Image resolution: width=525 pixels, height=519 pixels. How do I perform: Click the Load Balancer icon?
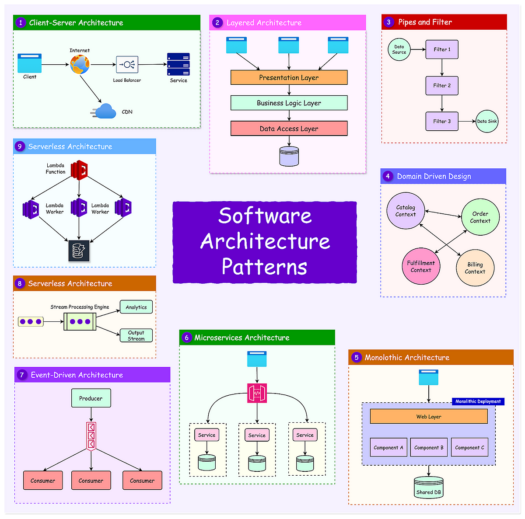coord(127,65)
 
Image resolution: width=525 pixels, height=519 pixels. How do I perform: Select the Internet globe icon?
coord(80,64)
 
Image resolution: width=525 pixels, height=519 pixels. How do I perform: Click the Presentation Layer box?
coord(289,77)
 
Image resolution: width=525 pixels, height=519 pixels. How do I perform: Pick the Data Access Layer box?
coord(289,129)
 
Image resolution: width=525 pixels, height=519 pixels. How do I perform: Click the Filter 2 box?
coord(442,85)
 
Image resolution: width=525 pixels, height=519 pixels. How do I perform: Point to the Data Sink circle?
coord(487,121)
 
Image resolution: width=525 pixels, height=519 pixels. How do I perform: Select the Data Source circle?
coord(399,49)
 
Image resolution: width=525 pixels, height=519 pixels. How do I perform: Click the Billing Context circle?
coord(475,268)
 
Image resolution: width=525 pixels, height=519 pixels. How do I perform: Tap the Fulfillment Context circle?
coord(421,266)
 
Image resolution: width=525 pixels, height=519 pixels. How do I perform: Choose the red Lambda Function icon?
coord(80,170)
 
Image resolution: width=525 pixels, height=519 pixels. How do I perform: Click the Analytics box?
coord(136,307)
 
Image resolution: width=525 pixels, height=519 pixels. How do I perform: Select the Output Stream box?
coord(136,335)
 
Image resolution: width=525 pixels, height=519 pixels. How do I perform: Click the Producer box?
coord(91,398)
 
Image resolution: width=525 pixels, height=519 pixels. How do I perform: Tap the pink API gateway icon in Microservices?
coord(257,393)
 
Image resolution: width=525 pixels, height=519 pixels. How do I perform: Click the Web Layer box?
coord(429,416)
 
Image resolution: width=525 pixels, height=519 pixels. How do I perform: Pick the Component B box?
coord(429,447)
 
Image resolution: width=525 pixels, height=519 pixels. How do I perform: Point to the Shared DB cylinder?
coord(429,487)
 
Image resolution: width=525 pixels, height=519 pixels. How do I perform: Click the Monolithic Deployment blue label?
coord(478,401)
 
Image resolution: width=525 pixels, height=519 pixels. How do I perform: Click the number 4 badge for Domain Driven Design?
coord(388,176)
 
